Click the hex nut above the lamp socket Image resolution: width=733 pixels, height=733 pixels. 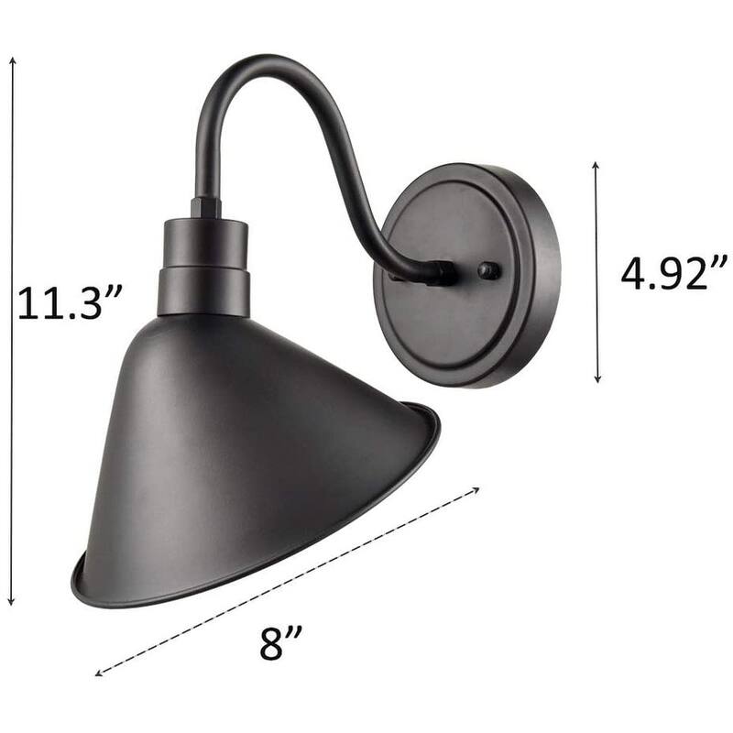[205, 207]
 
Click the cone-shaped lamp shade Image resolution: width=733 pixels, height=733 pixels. [247, 440]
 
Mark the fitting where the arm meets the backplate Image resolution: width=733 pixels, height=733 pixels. [443, 272]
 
